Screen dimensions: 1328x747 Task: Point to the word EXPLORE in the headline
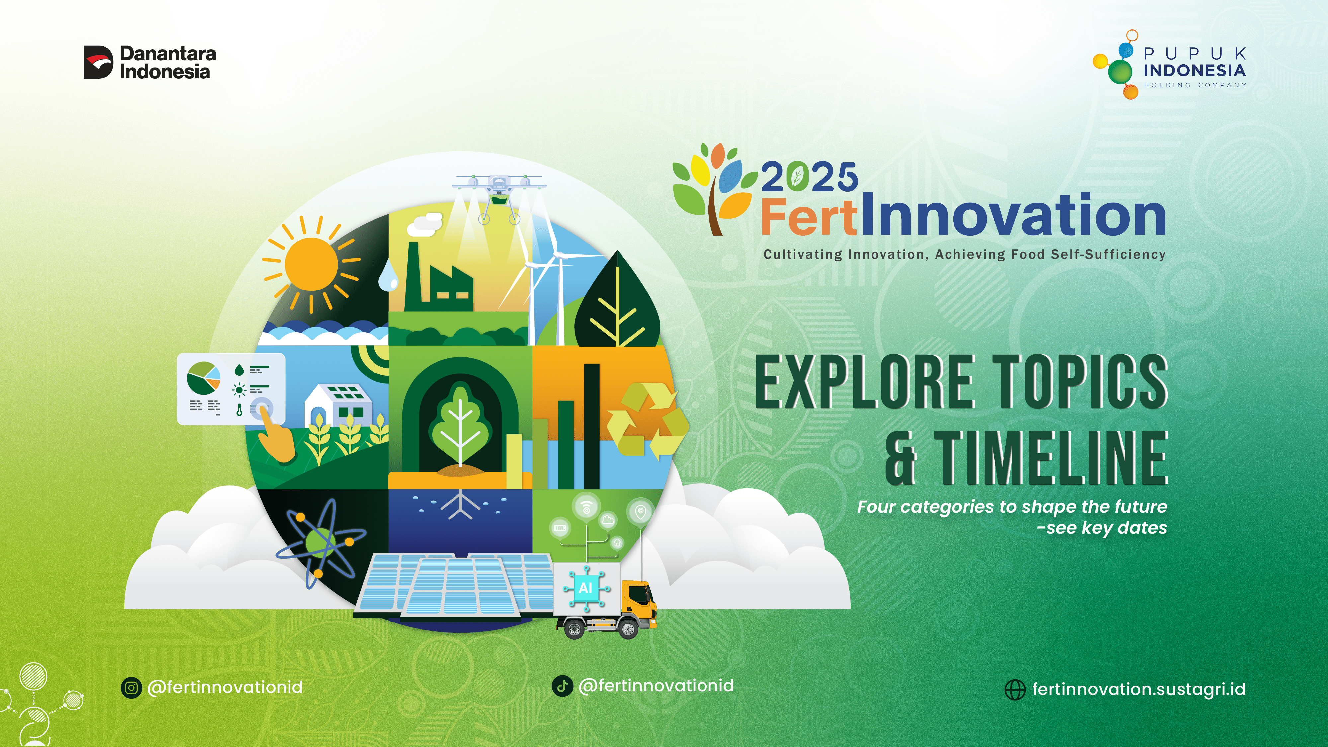click(864, 381)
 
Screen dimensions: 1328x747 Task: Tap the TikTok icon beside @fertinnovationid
click(562, 686)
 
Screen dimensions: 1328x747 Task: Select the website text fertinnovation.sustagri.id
click(1138, 689)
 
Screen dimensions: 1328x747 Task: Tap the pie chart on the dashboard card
click(203, 377)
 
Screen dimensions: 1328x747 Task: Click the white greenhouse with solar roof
click(338, 405)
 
